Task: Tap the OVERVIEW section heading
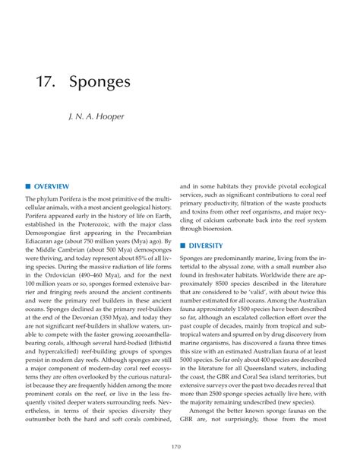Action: [51, 186]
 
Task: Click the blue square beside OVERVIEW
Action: [28, 186]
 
